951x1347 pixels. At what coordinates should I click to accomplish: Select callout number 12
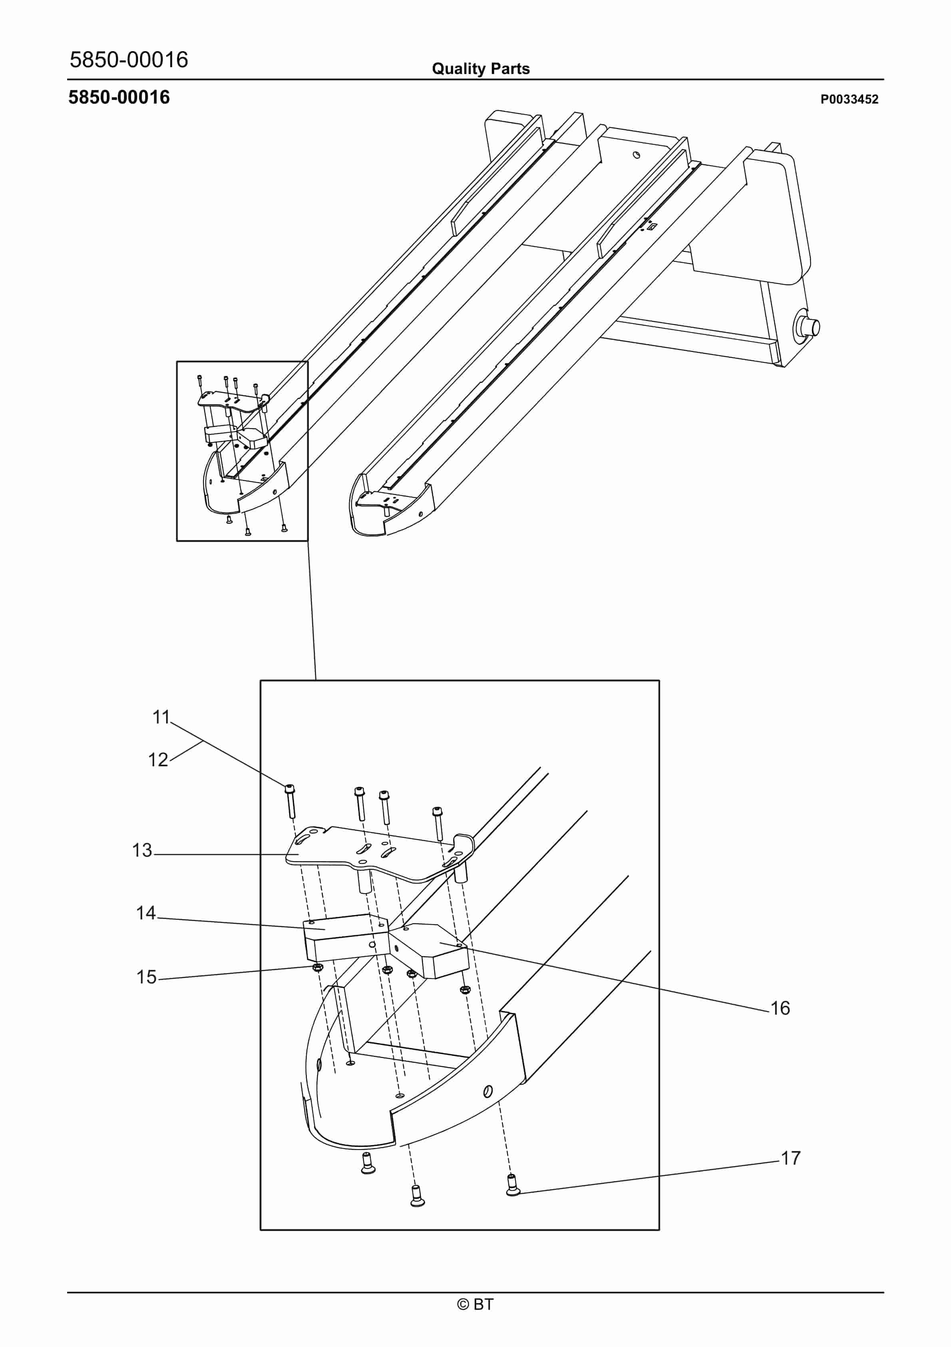coord(158,760)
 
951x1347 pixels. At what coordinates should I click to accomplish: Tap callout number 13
coord(142,850)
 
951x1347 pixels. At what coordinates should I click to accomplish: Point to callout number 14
coord(146,913)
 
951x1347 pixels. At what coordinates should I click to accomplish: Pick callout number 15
coord(147,977)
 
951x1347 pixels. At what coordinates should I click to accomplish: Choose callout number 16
coord(780,1008)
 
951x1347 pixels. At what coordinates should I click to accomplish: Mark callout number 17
coord(790,1158)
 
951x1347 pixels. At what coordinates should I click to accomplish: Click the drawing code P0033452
coord(849,99)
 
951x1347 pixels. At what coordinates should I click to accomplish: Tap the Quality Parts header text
coord(481,69)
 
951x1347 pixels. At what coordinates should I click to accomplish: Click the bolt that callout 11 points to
coord(290,801)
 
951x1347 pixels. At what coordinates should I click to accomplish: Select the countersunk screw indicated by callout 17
coord(512,1185)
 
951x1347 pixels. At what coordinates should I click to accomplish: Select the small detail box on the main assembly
coord(242,451)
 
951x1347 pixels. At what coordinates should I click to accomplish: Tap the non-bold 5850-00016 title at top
coord(129,60)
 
